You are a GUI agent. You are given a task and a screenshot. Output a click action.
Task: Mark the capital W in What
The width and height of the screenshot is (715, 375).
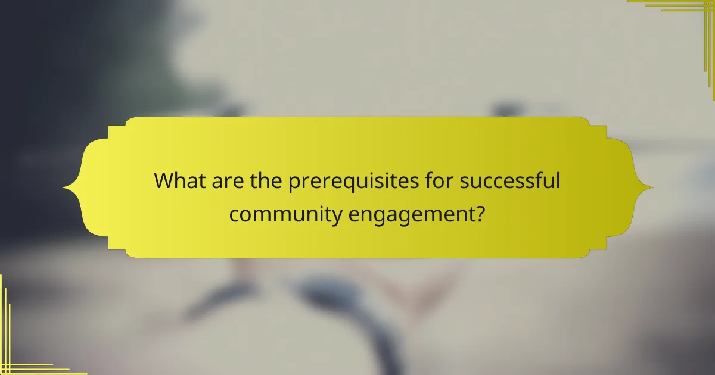click(165, 181)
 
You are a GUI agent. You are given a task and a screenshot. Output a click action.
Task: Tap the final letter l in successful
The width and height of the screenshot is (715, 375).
click(558, 180)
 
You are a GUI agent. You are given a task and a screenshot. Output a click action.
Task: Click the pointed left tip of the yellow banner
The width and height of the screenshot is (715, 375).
click(64, 188)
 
